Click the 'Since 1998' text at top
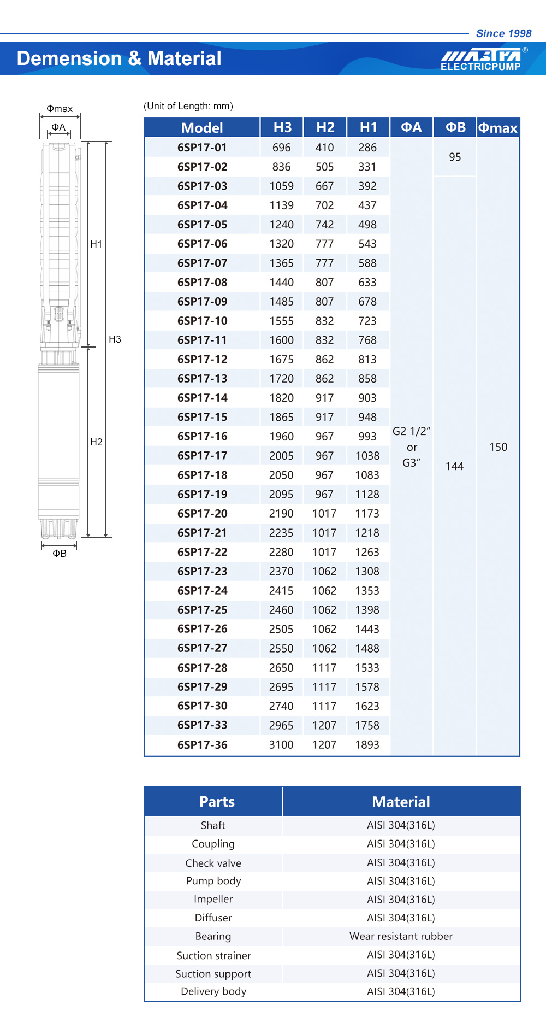pyautogui.click(x=503, y=33)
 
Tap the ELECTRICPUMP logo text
pyautogui.click(x=480, y=67)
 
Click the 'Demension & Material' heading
pyautogui.click(x=119, y=58)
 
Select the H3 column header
pyautogui.click(x=282, y=127)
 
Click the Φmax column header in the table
pyautogui.click(x=497, y=128)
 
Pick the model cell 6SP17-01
pyautogui.click(x=202, y=148)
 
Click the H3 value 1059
pyautogui.click(x=281, y=186)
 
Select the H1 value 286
pyautogui.click(x=367, y=148)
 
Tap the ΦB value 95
pyautogui.click(x=455, y=157)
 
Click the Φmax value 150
pyautogui.click(x=498, y=447)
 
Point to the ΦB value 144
pyautogui.click(x=454, y=466)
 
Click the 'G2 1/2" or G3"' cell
pyautogui.click(x=412, y=447)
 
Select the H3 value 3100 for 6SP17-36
pyautogui.click(x=281, y=745)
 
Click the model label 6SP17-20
pyautogui.click(x=202, y=514)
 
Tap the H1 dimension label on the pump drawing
pyautogui.click(x=96, y=244)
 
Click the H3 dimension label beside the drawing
pyautogui.click(x=115, y=339)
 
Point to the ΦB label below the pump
pyautogui.click(x=60, y=554)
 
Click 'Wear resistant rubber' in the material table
pyautogui.click(x=401, y=936)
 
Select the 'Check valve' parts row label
pyautogui.click(x=213, y=863)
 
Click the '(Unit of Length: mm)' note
pyautogui.click(x=188, y=106)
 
